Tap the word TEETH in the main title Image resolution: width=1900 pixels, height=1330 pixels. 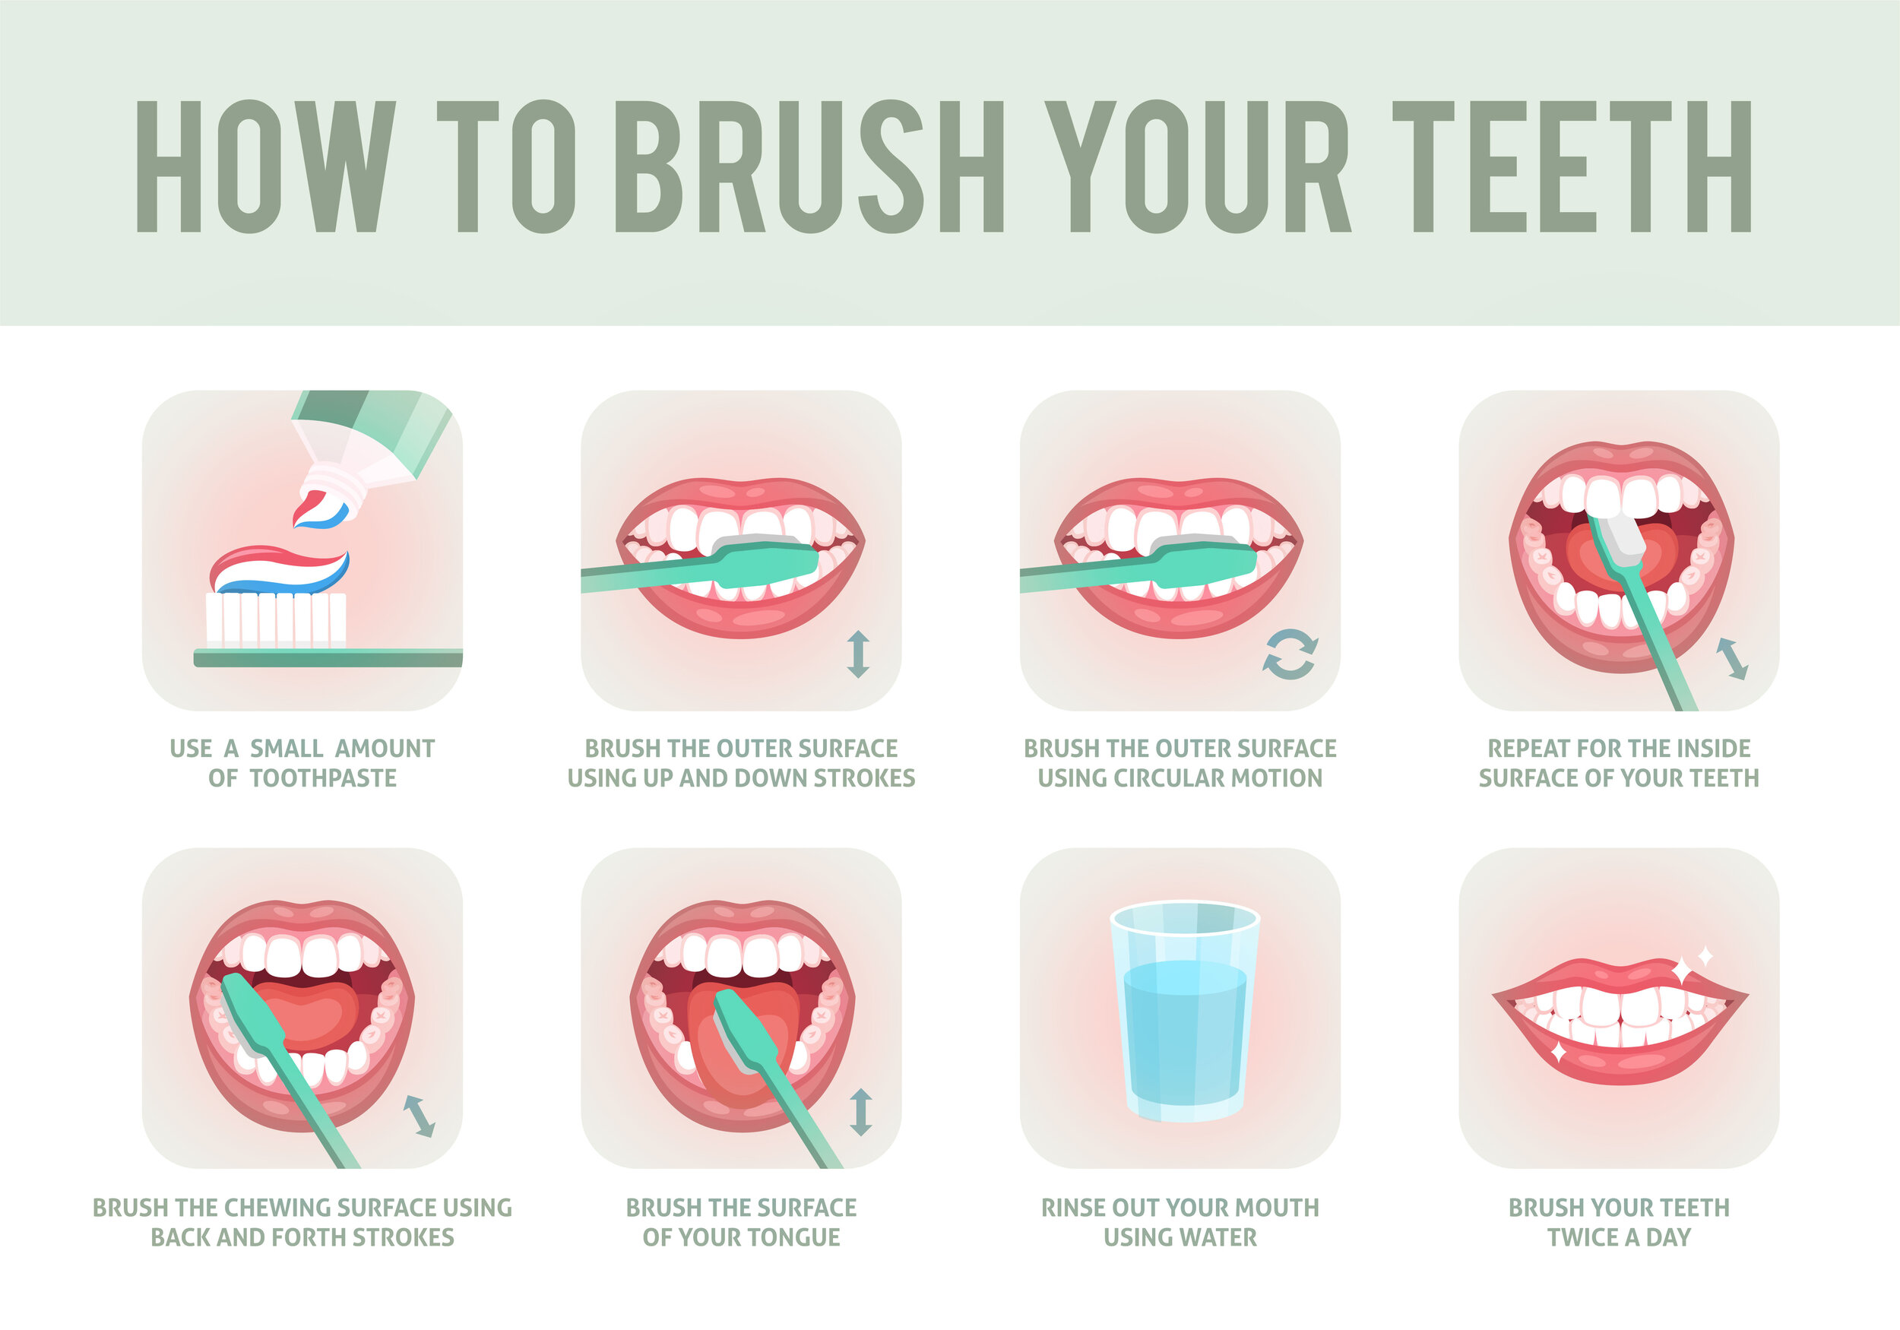coord(1572,166)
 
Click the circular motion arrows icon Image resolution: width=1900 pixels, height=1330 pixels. coord(1289,654)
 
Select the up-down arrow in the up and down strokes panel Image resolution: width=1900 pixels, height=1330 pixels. coord(858,654)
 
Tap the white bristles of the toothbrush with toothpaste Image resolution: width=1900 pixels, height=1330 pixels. coord(276,619)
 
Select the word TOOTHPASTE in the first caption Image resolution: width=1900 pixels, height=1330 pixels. coord(323,778)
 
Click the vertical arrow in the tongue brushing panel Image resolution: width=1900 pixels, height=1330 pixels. coord(860,1112)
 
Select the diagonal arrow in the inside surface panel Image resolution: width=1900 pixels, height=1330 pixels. coord(1732,659)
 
